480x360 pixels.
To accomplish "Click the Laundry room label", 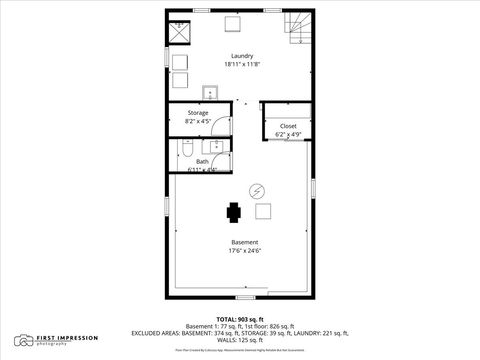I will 241,56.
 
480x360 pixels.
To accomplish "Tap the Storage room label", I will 198,113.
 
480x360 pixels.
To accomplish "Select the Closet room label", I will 288,126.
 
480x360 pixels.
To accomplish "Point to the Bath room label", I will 202,161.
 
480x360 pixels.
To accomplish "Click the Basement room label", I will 245,243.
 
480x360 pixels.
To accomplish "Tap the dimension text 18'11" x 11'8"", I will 241,65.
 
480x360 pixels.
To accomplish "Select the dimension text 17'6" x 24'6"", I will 245,252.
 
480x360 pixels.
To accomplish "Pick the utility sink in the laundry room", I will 210,94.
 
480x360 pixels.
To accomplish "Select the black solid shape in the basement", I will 234,212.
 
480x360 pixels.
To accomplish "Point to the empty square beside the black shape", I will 265,211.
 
